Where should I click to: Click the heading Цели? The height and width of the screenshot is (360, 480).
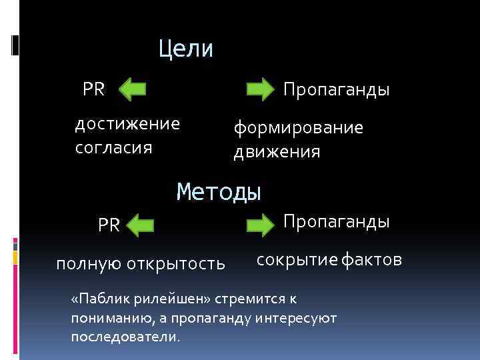click(x=186, y=49)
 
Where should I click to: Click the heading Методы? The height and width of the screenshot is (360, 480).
click(x=219, y=193)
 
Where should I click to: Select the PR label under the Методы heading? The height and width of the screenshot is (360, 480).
click(x=109, y=225)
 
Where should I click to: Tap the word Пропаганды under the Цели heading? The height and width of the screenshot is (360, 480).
click(x=336, y=89)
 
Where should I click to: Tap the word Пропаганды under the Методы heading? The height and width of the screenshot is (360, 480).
click(x=337, y=221)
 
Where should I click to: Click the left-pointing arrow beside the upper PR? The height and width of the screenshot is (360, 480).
click(x=134, y=89)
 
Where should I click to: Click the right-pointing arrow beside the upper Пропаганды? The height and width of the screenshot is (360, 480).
click(x=260, y=89)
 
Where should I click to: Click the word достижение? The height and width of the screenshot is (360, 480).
click(x=127, y=124)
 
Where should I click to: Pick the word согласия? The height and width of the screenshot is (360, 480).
click(x=113, y=147)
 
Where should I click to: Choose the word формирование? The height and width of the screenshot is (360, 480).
click(x=298, y=128)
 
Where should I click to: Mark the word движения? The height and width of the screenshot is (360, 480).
click(x=277, y=152)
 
